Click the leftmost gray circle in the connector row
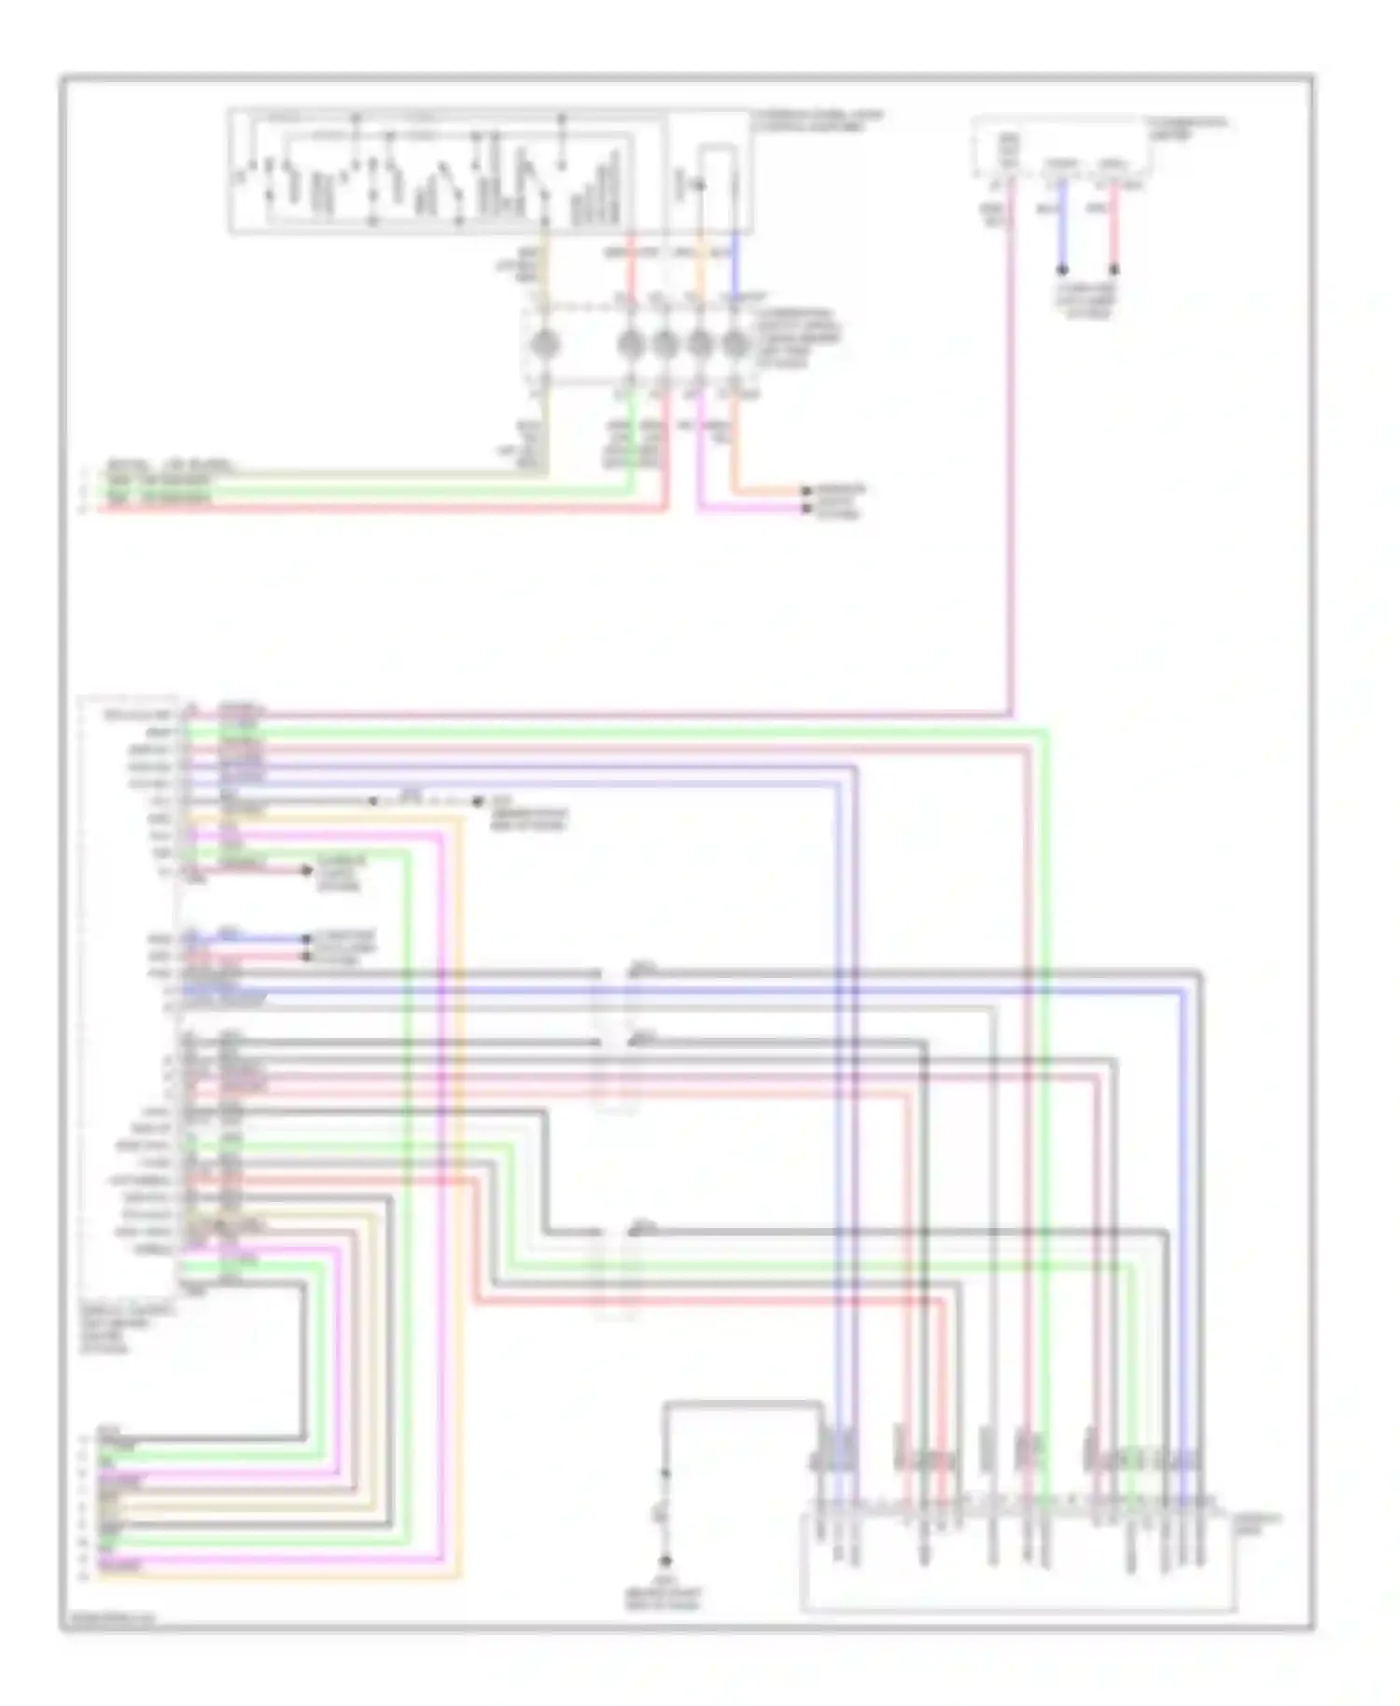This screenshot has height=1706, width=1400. coord(544,344)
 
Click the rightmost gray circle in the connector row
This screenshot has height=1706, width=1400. coord(735,344)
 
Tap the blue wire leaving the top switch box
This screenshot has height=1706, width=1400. coord(735,261)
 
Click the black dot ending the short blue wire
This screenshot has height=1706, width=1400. coord(1062,271)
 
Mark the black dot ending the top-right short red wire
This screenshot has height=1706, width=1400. coord(1113,271)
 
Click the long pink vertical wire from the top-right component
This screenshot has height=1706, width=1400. coord(1010,467)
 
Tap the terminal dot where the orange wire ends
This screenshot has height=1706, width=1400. coord(805,490)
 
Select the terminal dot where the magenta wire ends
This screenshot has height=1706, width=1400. coord(805,509)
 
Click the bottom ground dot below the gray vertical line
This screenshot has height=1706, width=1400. coord(665,1560)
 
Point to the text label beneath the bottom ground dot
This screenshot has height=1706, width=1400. coord(663,1594)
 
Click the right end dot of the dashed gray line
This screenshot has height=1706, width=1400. coord(478,802)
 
